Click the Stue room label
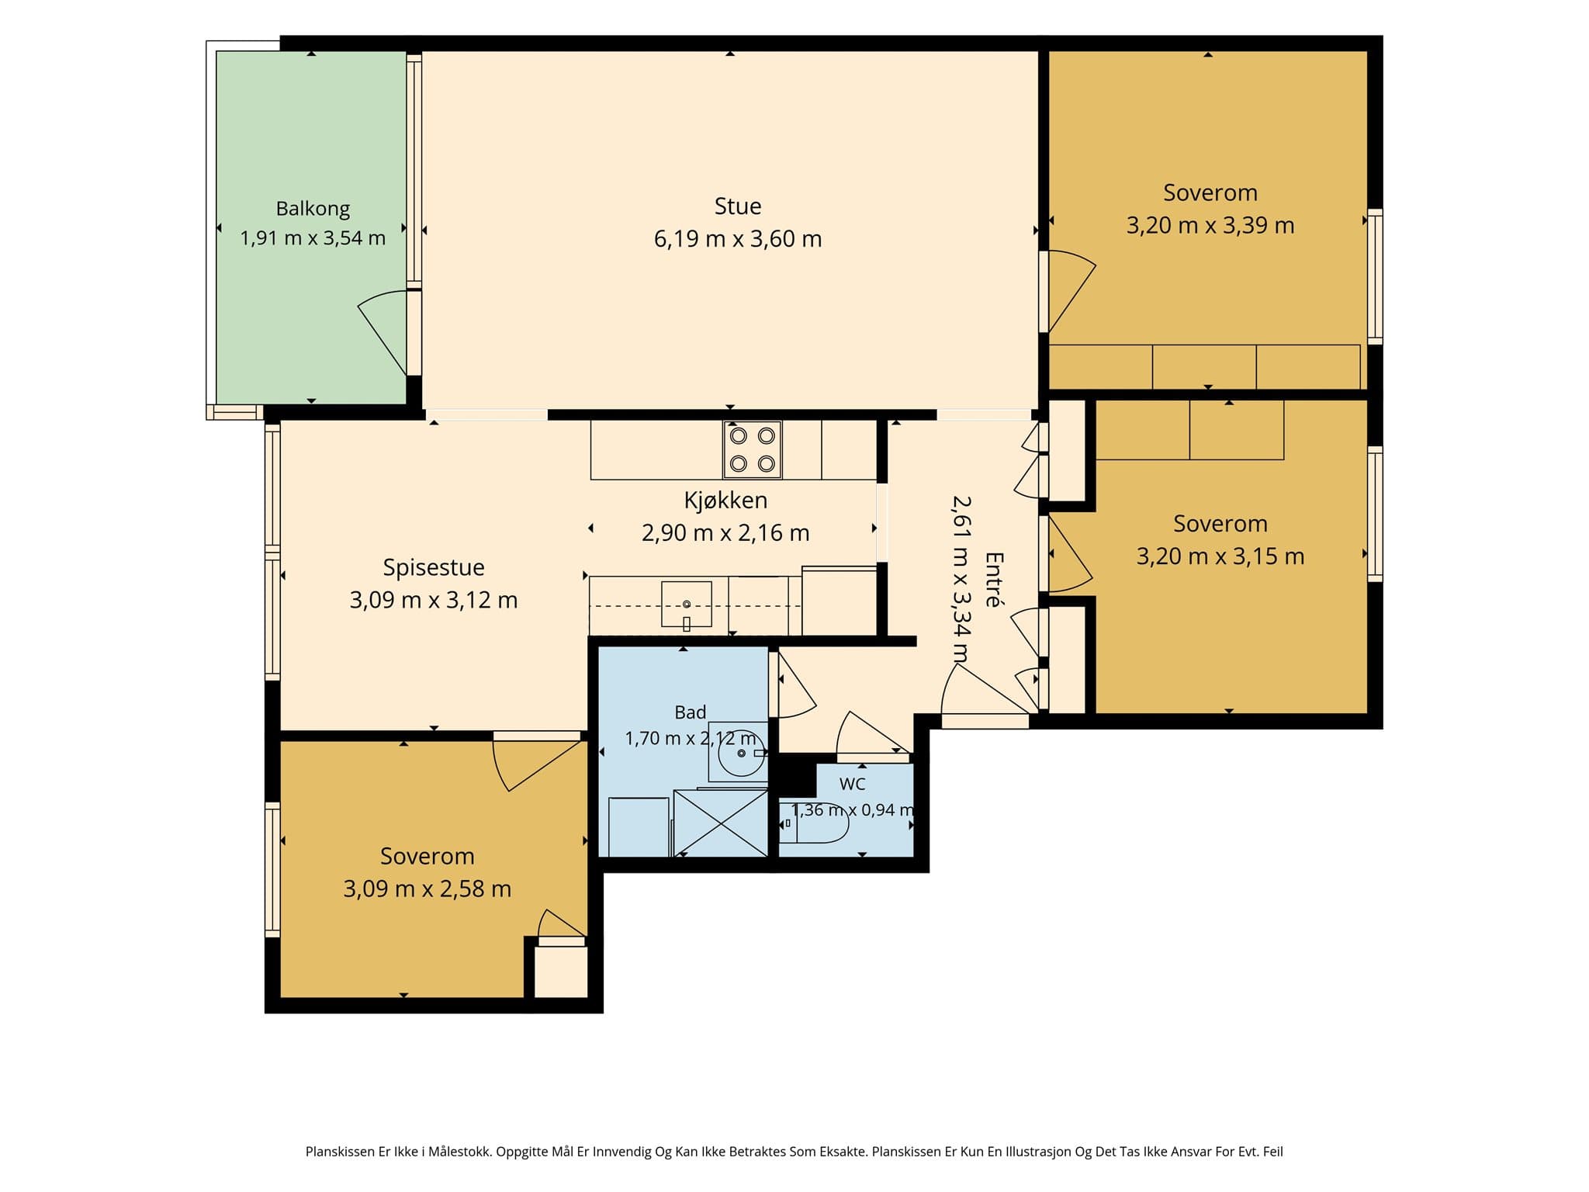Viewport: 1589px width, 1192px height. (x=737, y=206)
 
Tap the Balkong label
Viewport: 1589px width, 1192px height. (x=313, y=209)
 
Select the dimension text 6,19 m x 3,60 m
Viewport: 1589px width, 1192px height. (x=737, y=239)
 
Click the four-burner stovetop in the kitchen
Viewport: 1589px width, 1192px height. (x=752, y=450)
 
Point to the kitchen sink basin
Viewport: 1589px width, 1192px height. (x=687, y=604)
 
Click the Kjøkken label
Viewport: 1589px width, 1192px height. (x=725, y=501)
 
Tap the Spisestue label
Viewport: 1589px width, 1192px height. (x=434, y=567)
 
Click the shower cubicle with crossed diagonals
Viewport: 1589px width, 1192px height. (x=721, y=823)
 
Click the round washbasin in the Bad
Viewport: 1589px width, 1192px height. (x=739, y=753)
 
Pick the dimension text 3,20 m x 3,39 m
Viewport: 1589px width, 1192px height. (x=1210, y=226)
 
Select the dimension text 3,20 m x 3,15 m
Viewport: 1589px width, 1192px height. (x=1220, y=556)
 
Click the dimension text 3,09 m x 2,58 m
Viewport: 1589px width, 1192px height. (x=428, y=889)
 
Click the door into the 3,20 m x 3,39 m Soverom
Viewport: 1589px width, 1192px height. (x=1069, y=292)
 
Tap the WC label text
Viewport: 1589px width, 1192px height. (x=852, y=784)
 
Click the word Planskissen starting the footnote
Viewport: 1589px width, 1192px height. (x=341, y=1152)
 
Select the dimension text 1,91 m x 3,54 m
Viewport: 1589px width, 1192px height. (x=313, y=238)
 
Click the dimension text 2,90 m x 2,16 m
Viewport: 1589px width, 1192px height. (x=725, y=533)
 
